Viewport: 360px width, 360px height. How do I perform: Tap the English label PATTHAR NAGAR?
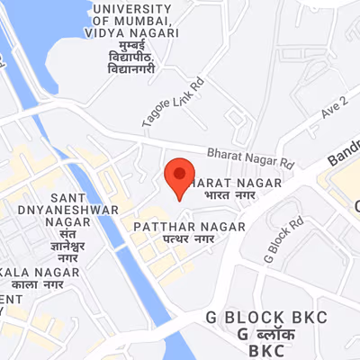pos(188,226)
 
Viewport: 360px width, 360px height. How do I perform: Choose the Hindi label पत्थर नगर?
pos(189,241)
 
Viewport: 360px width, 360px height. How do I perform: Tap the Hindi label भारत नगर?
pos(231,194)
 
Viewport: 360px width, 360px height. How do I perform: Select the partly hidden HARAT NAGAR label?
pos(238,181)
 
